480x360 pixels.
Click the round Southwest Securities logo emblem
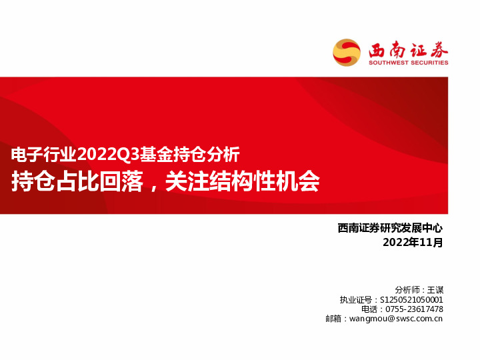[x=347, y=52]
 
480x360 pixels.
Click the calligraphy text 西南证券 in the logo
[x=408, y=49]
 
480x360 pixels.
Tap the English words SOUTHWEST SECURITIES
[x=409, y=63]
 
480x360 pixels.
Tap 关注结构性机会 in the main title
[x=243, y=181]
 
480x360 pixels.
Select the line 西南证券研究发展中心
[x=391, y=229]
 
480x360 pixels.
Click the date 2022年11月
[x=413, y=243]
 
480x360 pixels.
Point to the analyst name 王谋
[x=435, y=290]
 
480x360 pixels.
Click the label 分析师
[x=408, y=290]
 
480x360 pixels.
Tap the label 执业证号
[x=355, y=300]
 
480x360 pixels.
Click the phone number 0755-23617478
[x=415, y=309]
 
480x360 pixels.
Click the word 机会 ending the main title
[x=303, y=181]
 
